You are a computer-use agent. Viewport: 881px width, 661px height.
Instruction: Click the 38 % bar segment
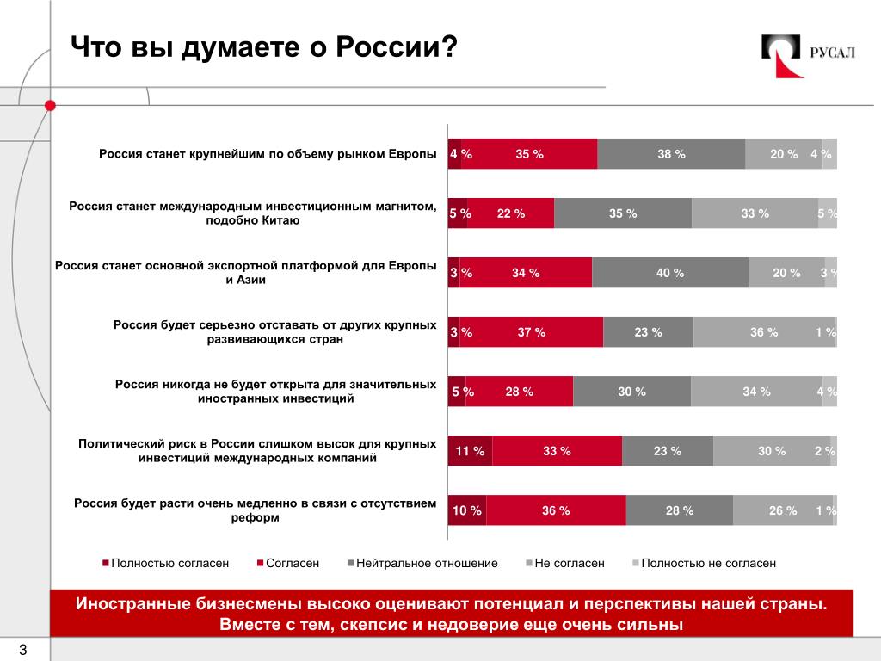(671, 154)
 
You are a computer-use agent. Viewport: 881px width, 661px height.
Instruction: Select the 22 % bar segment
(511, 213)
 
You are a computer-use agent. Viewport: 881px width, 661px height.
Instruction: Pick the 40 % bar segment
(670, 273)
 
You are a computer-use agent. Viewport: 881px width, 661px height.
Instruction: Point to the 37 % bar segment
(532, 332)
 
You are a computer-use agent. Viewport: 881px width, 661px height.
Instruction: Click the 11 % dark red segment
(470, 451)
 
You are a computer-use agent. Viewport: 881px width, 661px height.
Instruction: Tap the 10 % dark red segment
(466, 510)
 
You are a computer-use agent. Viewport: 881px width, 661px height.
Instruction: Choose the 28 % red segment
(520, 392)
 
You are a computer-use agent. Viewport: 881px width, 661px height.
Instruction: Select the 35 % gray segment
(623, 213)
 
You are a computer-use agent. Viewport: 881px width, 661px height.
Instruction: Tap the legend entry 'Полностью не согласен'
(708, 563)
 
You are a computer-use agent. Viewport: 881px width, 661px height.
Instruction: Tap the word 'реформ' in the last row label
(255, 518)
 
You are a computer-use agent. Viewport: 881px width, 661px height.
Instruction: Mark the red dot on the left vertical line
(50, 105)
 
